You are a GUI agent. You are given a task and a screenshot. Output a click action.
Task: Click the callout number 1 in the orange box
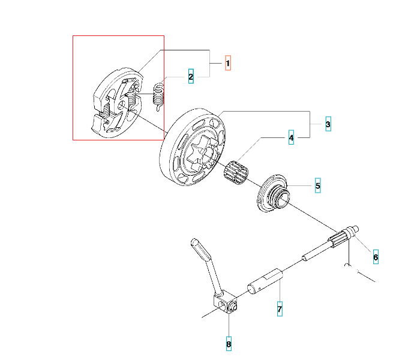pos(228,63)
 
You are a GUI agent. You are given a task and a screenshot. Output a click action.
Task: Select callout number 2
pos(191,77)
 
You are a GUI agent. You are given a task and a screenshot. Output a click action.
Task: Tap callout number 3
pos(328,124)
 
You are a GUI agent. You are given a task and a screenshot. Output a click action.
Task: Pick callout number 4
pos(291,137)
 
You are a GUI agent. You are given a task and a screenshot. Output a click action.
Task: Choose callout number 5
pos(318,185)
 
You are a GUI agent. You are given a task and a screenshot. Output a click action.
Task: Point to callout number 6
pos(376,257)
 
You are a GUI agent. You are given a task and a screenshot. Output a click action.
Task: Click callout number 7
pos(280,309)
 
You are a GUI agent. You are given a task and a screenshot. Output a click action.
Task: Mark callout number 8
pos(229,344)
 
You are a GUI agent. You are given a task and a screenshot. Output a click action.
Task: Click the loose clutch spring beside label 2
pos(158,97)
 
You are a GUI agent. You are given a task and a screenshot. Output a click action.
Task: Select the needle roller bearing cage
pos(236,172)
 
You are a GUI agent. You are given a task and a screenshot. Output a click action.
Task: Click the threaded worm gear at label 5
pos(274,193)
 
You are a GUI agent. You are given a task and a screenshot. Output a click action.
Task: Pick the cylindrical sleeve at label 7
pos(265,281)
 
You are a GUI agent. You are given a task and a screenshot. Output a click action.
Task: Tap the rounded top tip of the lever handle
pos(194,241)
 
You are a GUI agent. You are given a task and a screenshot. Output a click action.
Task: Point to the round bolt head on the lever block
pos(233,307)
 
